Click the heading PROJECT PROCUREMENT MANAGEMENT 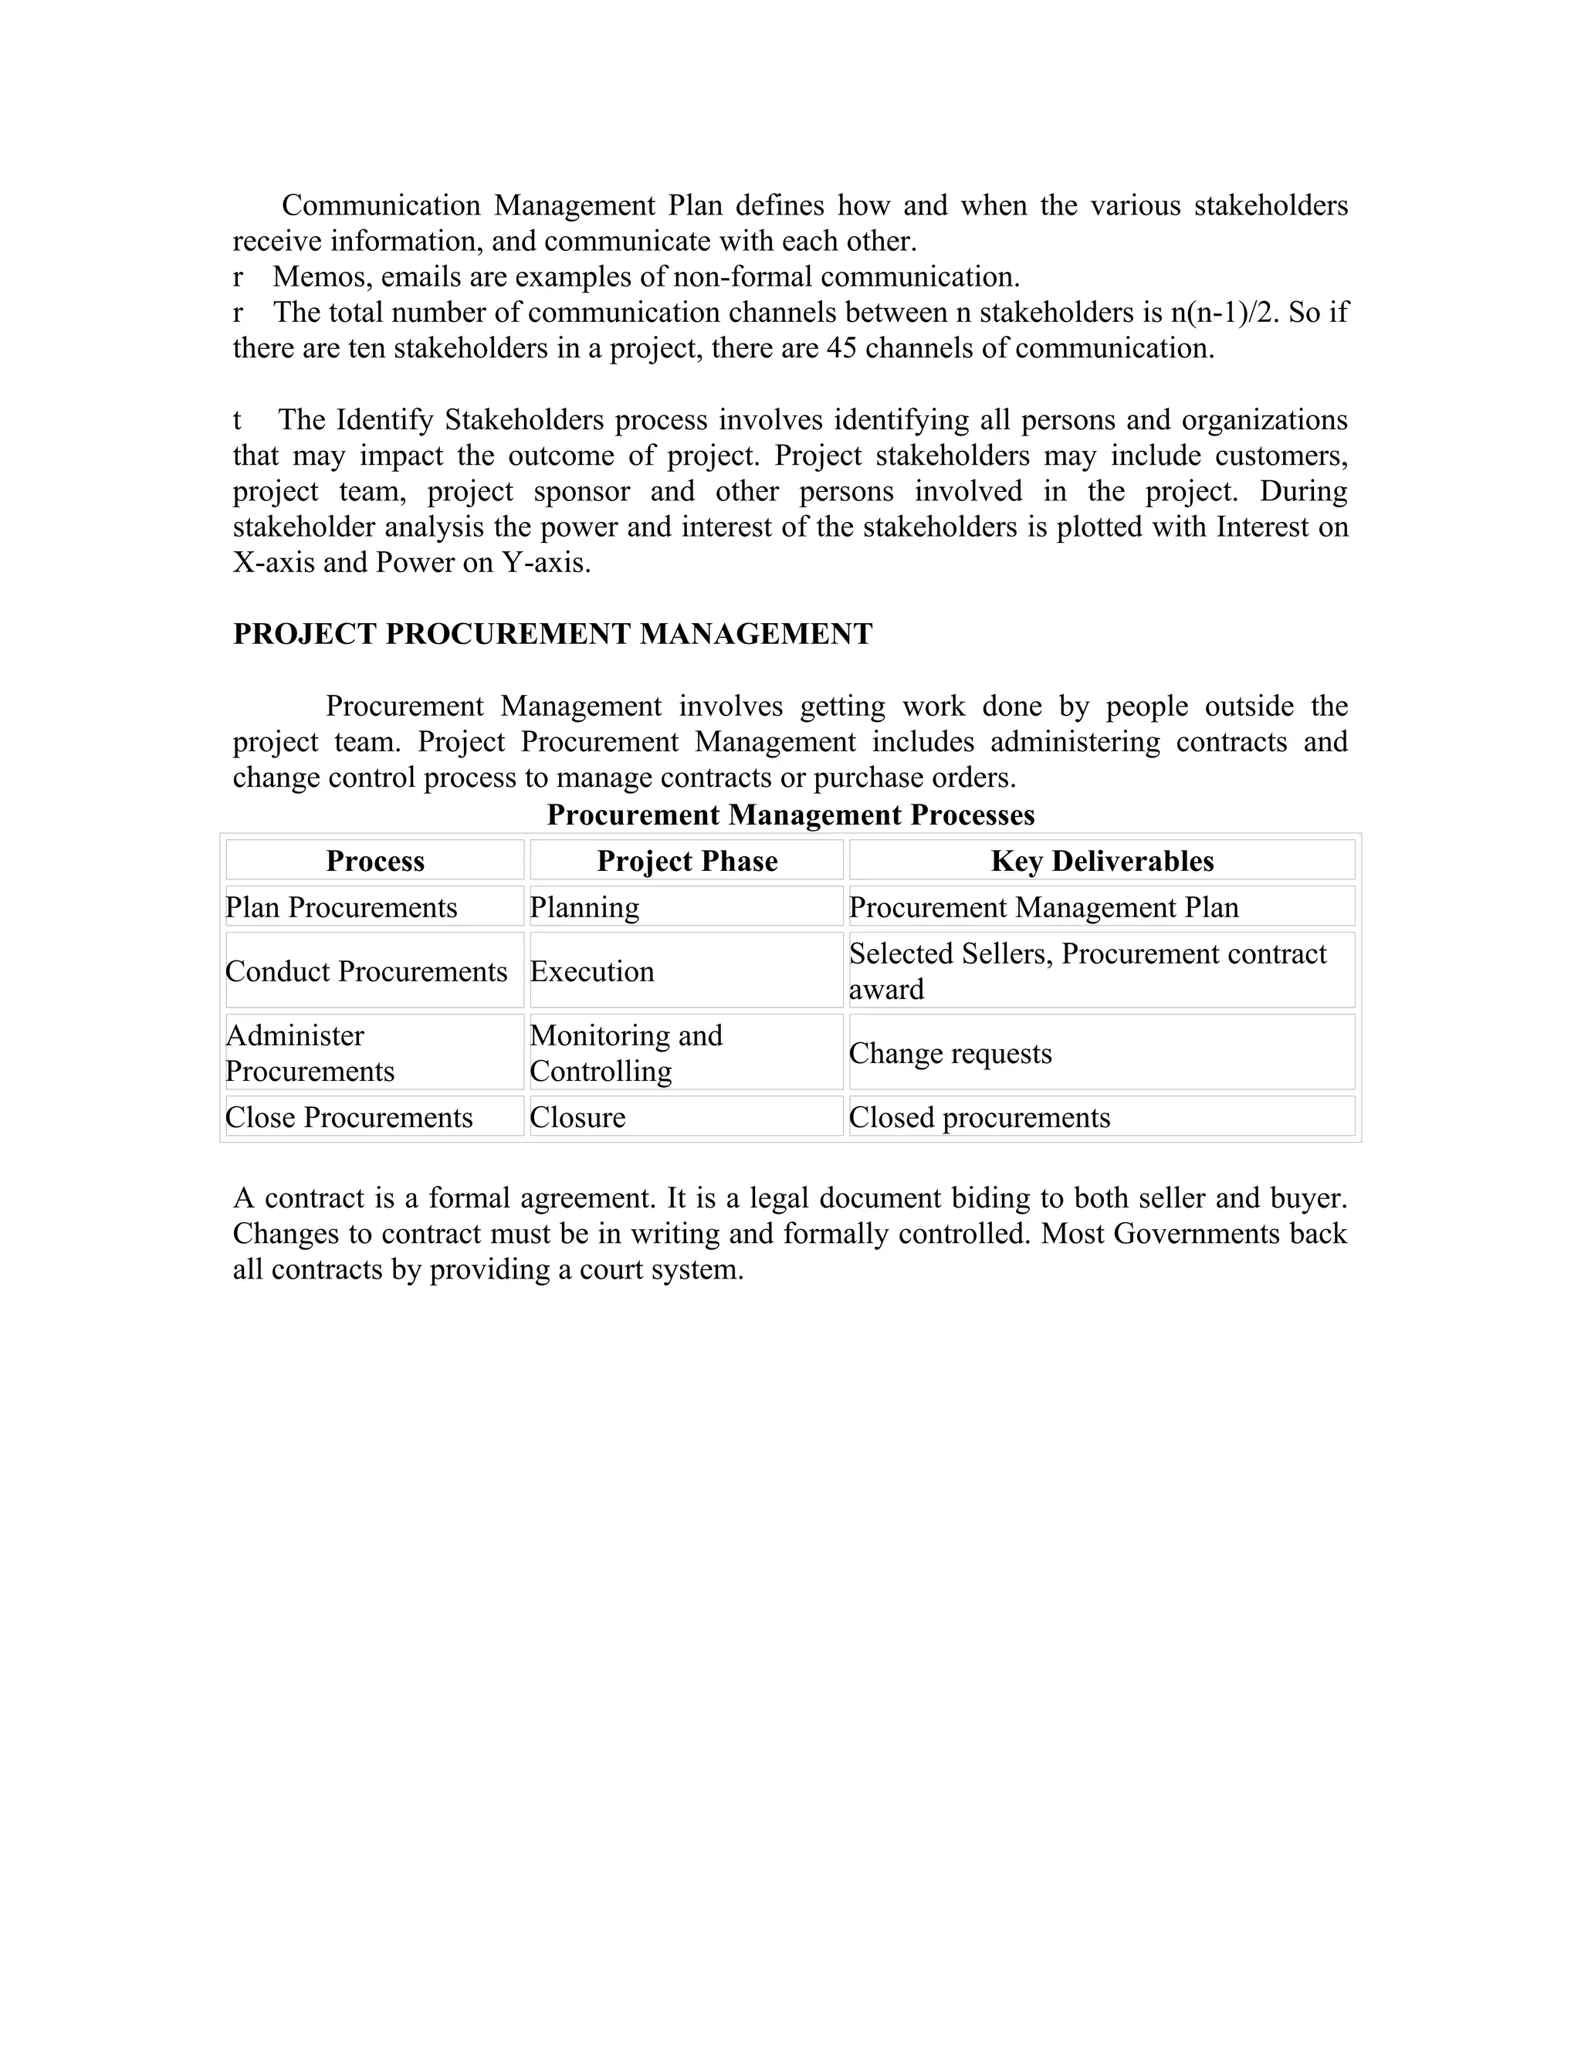(553, 634)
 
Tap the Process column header (374, 861)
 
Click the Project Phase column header (686, 861)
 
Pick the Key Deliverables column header (1102, 861)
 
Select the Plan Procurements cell (342, 907)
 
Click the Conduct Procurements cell (366, 970)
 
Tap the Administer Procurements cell (310, 1053)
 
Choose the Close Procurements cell (350, 1116)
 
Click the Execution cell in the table (592, 970)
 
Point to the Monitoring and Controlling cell (625, 1053)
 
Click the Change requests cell (950, 1053)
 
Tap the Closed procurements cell (980, 1116)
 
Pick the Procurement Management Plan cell (1044, 907)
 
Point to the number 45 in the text (841, 348)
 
